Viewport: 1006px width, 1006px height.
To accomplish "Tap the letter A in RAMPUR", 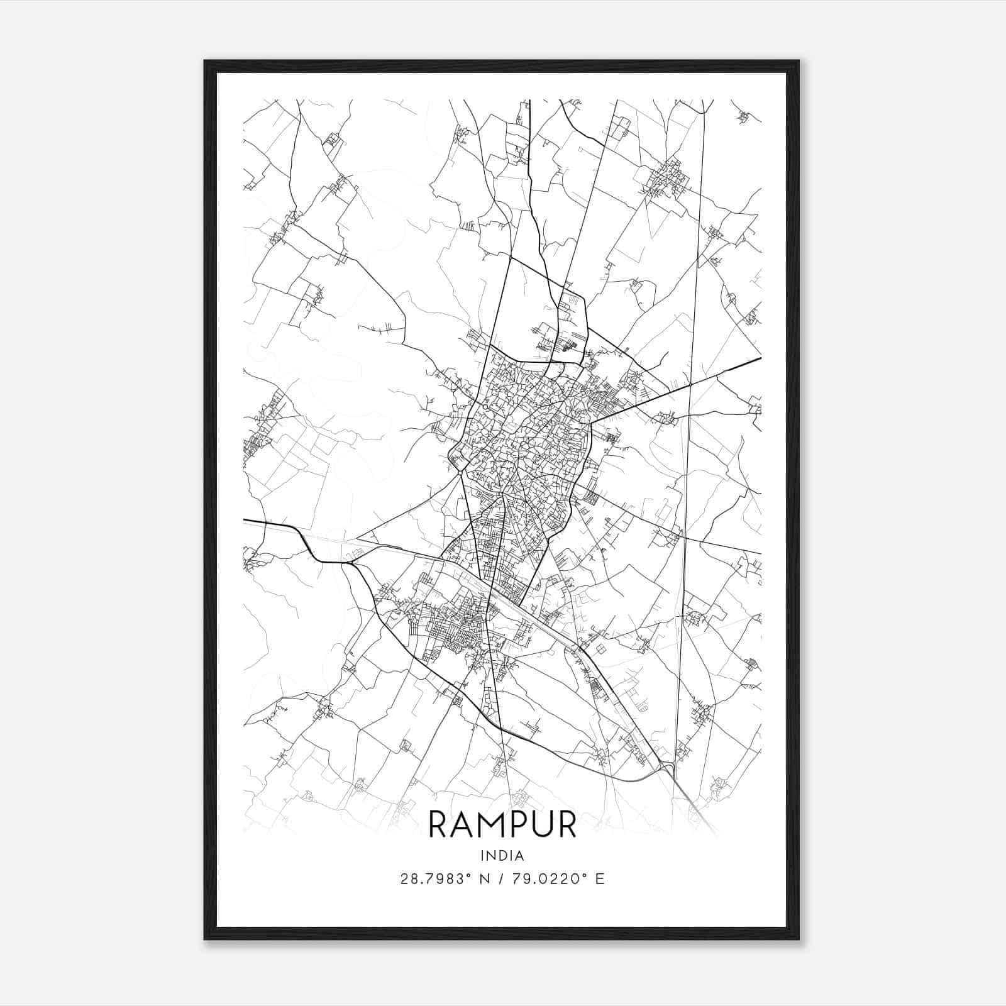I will click(x=463, y=824).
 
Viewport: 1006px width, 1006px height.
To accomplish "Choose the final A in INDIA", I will click(x=519, y=856).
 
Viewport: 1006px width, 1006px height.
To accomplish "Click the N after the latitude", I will click(x=485, y=879).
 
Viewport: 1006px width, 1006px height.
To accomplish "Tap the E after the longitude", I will click(x=600, y=879).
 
